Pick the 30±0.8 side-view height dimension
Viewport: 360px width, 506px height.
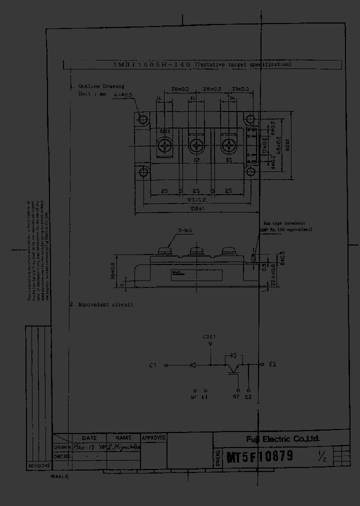pos(112,272)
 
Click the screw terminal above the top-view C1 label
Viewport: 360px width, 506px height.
pos(229,146)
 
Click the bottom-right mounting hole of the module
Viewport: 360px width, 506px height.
pos(249,172)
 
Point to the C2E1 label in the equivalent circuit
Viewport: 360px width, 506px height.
pos(209,336)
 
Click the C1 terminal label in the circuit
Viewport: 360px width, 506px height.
pos(153,365)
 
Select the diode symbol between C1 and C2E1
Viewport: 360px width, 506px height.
pos(193,365)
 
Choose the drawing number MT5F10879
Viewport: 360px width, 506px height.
pos(260,456)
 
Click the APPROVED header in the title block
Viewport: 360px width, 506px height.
pos(154,438)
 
